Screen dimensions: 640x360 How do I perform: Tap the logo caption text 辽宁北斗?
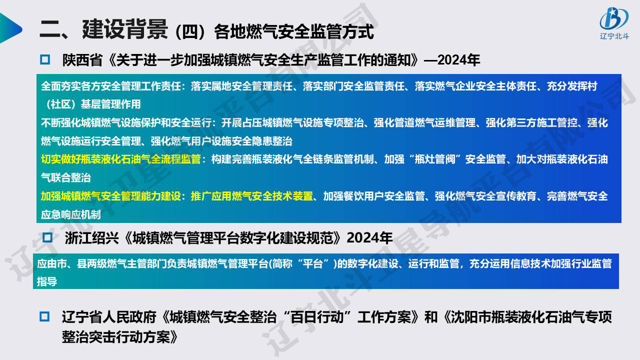click(614, 36)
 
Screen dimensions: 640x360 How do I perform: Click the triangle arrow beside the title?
click(10, 28)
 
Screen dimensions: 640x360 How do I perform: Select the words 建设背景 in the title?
click(124, 29)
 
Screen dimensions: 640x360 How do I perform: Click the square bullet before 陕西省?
click(45, 59)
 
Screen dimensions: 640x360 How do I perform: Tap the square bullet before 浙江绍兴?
click(47, 237)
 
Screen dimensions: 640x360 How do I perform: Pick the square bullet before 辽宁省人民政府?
click(44, 316)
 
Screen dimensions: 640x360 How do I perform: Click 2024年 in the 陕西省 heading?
click(458, 60)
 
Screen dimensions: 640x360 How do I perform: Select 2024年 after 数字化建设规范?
click(369, 237)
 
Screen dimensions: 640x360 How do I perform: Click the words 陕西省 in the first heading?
click(82, 60)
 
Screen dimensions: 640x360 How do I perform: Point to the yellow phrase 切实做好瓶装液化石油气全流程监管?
click(121, 159)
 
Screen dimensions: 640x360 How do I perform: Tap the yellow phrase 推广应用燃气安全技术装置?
click(251, 196)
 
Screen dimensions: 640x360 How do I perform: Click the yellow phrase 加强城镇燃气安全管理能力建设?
click(111, 196)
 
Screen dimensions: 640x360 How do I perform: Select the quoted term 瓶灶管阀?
click(434, 159)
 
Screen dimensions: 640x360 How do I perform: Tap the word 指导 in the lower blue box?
click(47, 281)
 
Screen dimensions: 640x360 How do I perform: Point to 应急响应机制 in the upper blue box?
click(71, 214)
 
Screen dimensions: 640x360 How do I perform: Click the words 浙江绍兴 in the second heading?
click(91, 237)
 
